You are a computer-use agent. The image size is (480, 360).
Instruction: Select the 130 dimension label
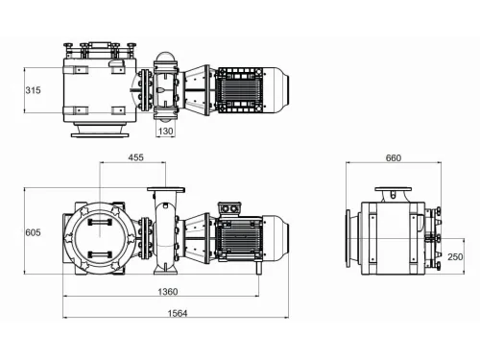[166, 132]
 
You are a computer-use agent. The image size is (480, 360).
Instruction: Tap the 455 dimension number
[134, 157]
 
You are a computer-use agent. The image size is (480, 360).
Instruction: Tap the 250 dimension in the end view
[455, 256]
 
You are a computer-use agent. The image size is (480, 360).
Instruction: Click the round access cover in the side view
[99, 233]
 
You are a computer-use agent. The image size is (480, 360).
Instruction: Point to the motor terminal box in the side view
[229, 205]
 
